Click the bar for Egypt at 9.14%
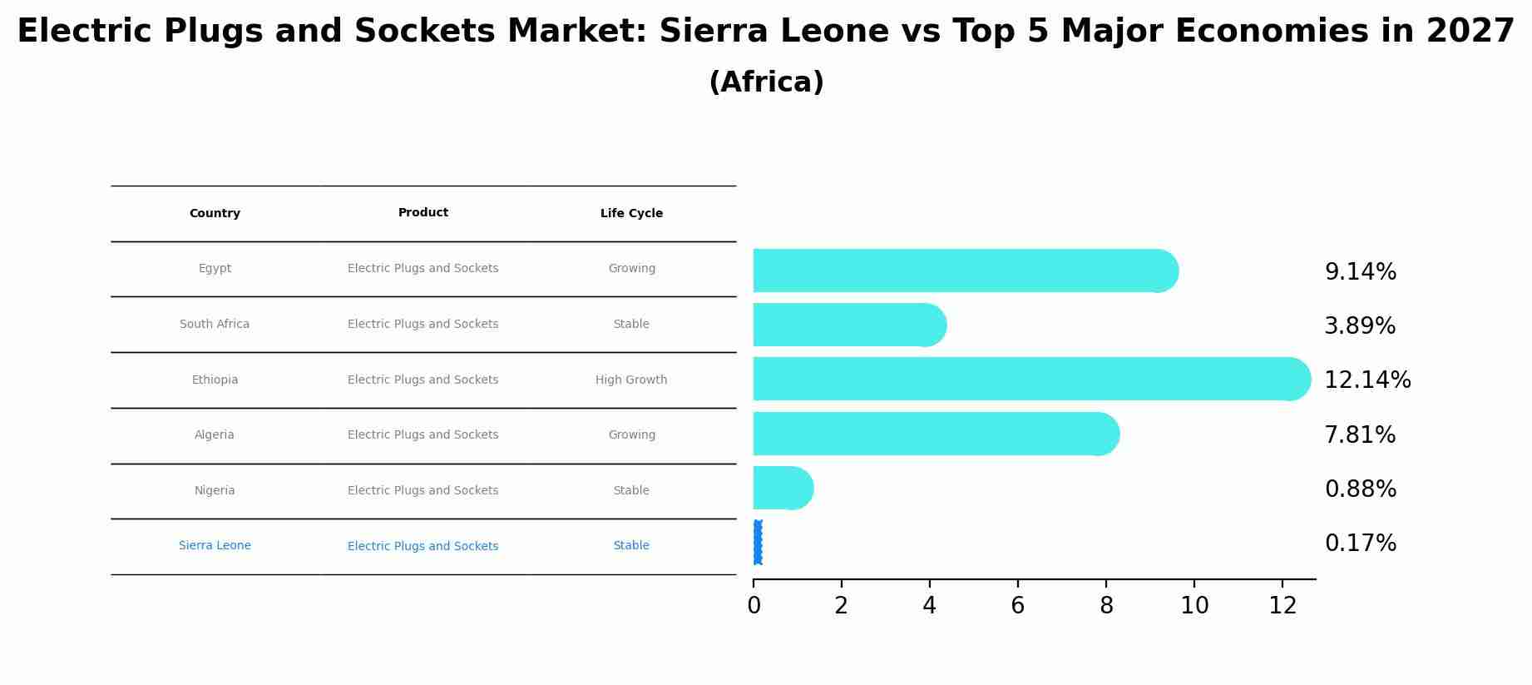[965, 271]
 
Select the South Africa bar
[848, 325]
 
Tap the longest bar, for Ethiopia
[1031, 379]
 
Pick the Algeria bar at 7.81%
[936, 434]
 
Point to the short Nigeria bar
[783, 488]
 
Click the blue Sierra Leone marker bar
[757, 543]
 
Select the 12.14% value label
[1366, 380]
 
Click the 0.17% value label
[1360, 544]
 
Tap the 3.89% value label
[1360, 326]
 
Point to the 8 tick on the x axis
[1106, 606]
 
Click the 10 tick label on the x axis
[1194, 606]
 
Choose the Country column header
[215, 214]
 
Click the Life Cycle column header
[631, 214]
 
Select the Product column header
[423, 213]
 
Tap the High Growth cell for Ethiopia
[631, 380]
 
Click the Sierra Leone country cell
[215, 546]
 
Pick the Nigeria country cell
[215, 491]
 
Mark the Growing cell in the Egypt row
[631, 269]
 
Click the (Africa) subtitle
[766, 82]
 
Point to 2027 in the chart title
[1470, 32]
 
